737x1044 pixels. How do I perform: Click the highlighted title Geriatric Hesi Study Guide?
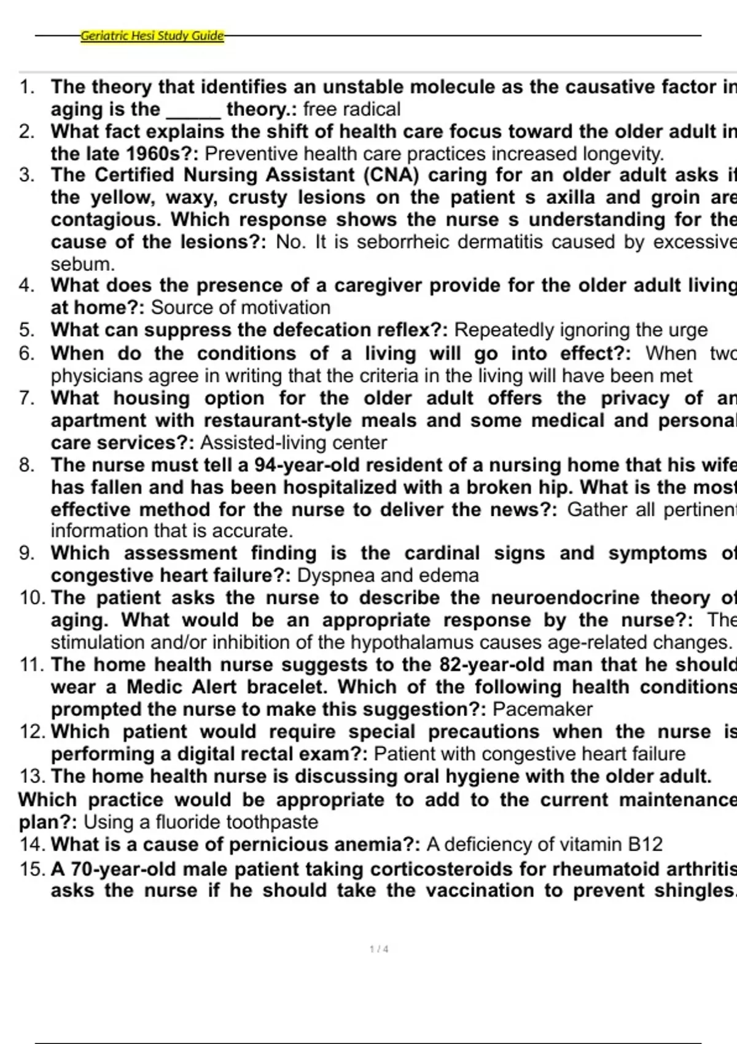coord(152,36)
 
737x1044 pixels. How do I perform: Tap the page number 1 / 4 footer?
coord(379,949)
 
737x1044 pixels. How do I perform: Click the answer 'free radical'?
coord(352,109)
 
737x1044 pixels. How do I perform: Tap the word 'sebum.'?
coord(83,264)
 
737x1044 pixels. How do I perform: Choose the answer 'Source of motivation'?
coord(241,308)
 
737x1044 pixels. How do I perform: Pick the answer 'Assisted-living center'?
coord(294,443)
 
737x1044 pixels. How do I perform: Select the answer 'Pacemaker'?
coord(542,709)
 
